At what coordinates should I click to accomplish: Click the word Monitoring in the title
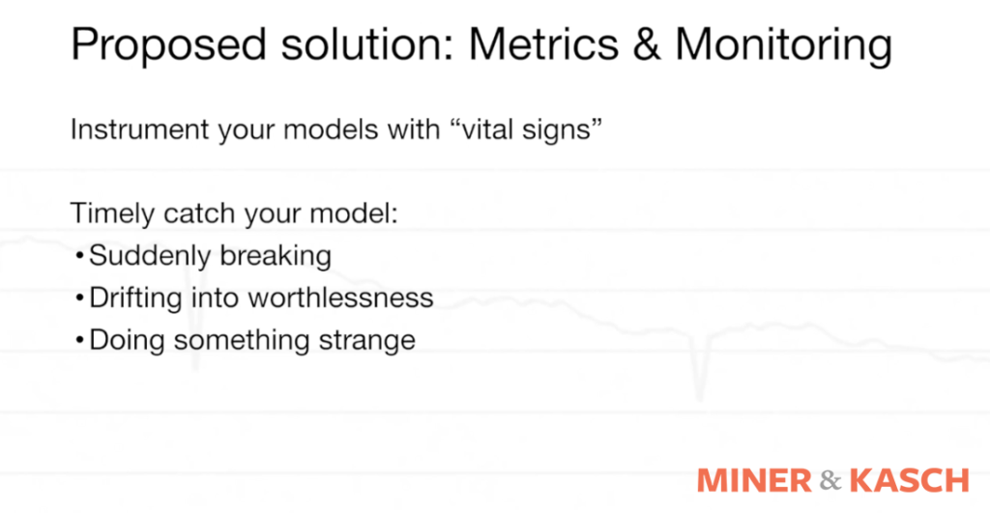(783, 46)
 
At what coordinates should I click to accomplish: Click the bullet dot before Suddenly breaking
(78, 257)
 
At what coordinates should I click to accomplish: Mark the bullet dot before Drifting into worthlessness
(78, 299)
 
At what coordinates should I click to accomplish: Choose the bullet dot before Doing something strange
(78, 341)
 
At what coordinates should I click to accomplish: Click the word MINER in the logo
(754, 480)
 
